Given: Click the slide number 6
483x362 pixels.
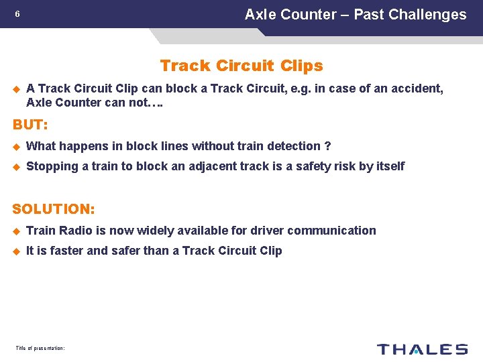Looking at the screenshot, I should pos(18,15).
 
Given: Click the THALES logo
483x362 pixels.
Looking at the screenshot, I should pos(422,349).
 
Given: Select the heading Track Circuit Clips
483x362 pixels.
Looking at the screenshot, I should pos(241,66).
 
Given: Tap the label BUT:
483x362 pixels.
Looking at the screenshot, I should pos(30,125).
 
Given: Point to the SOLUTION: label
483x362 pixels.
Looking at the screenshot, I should pos(54,209).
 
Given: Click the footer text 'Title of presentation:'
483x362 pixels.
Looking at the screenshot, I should pos(40,349).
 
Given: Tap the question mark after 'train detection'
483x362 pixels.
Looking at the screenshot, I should pos(327,146).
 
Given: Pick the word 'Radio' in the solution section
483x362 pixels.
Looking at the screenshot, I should pos(76,231).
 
